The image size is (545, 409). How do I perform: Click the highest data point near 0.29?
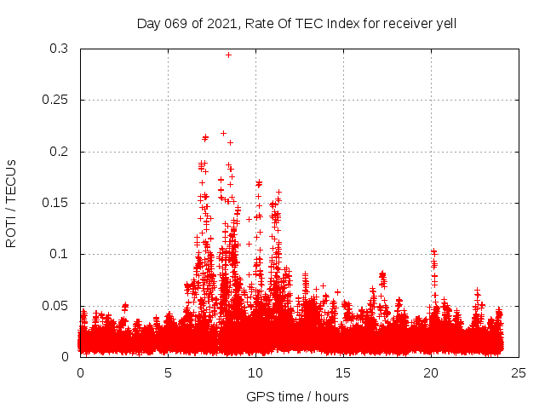228,55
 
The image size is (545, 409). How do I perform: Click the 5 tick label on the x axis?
169,372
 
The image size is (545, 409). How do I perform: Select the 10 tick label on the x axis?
256,372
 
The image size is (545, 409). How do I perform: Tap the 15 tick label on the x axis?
344,372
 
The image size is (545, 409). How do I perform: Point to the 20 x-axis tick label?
432,372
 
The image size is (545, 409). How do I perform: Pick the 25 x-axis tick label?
519,372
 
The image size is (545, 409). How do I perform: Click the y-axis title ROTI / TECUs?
12,203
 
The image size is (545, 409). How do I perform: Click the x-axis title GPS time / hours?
297,396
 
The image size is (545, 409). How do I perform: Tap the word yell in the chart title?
445,24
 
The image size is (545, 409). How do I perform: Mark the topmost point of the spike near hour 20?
433,251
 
